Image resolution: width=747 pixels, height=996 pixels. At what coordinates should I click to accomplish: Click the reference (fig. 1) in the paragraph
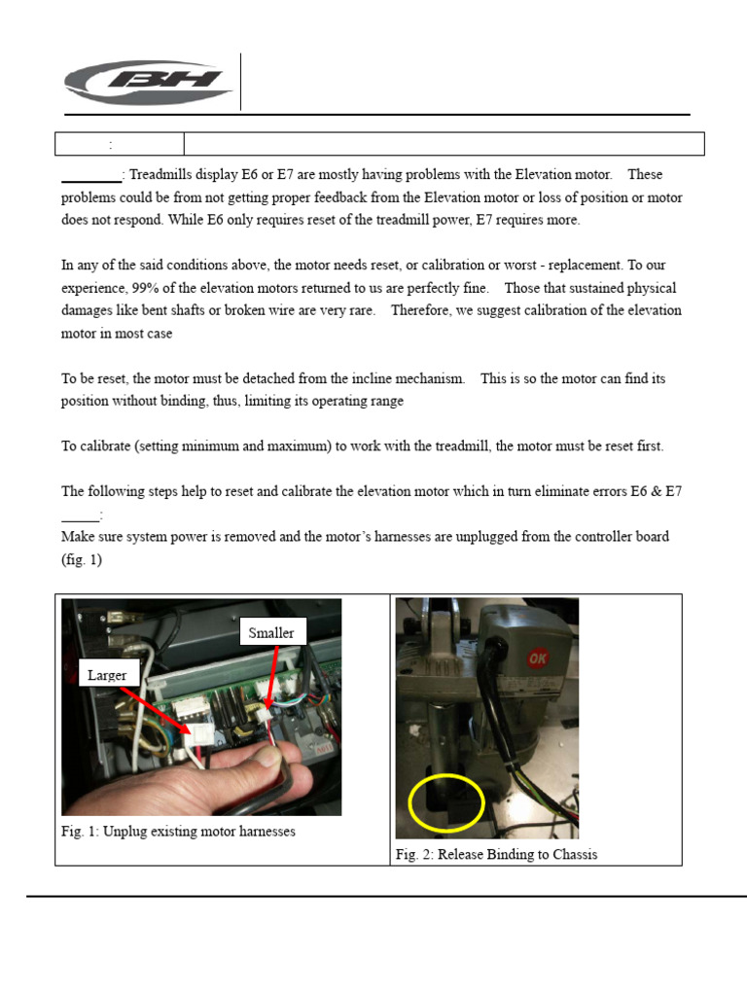(x=82, y=560)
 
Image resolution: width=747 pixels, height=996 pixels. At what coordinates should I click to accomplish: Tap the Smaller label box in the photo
(x=271, y=633)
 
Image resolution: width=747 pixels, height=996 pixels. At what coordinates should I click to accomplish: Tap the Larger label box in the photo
(x=107, y=674)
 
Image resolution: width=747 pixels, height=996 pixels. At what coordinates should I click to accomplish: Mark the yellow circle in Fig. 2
(x=446, y=803)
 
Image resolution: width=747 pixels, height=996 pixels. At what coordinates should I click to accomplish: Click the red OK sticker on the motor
(x=536, y=659)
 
